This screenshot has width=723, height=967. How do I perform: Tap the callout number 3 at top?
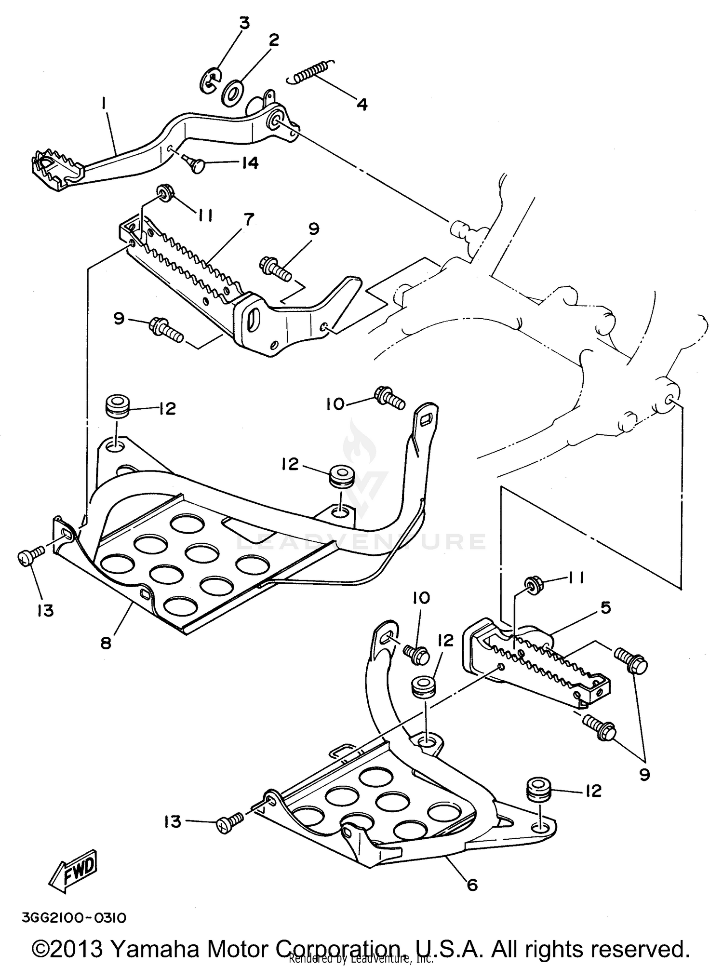pyautogui.click(x=245, y=23)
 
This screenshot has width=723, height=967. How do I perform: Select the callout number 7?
pyautogui.click(x=248, y=219)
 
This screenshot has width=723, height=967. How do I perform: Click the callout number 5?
pyautogui.click(x=605, y=607)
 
